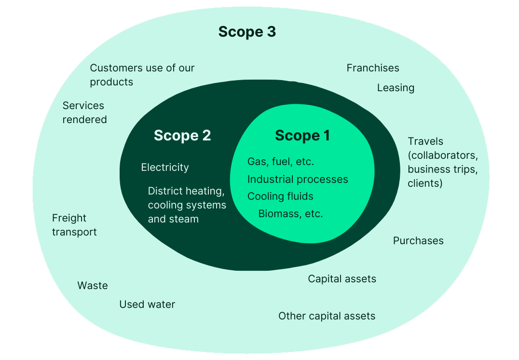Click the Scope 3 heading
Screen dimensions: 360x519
pyautogui.click(x=247, y=32)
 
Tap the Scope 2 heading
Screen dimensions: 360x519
pyautogui.click(x=182, y=136)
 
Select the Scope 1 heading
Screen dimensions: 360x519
pyautogui.click(x=302, y=136)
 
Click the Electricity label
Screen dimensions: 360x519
pyautogui.click(x=165, y=167)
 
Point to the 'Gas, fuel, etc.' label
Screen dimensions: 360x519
pyautogui.click(x=281, y=162)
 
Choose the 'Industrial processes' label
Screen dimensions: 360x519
pyautogui.click(x=298, y=180)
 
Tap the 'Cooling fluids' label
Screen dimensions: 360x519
pyautogui.click(x=280, y=196)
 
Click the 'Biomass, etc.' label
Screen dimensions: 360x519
pyautogui.click(x=290, y=214)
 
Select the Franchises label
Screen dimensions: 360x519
pyautogui.click(x=373, y=68)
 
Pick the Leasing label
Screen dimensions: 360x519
pyautogui.click(x=396, y=88)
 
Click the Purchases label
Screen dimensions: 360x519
pyautogui.click(x=418, y=241)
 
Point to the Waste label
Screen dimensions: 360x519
pyautogui.click(x=93, y=286)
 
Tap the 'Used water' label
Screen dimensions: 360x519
pyautogui.click(x=147, y=305)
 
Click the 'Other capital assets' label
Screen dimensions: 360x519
pyautogui.click(x=327, y=316)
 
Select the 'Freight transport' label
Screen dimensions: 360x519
pyautogui.click(x=74, y=225)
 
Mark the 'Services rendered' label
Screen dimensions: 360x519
pyautogui.click(x=84, y=112)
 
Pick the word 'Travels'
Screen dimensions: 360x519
pyautogui.click(x=425, y=141)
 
